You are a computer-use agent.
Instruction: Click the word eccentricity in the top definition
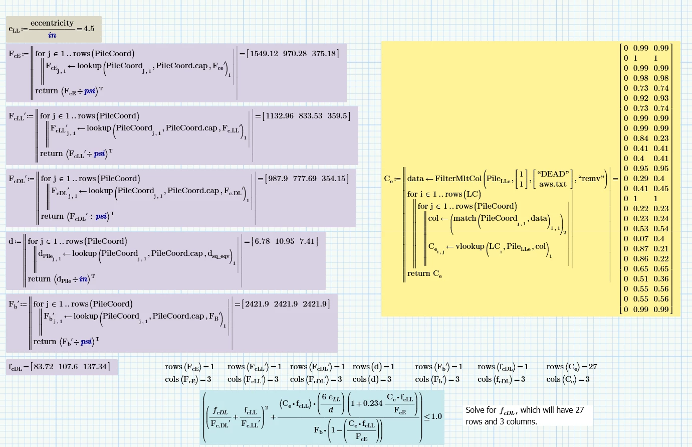coord(52,23)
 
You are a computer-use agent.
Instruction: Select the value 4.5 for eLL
coord(89,29)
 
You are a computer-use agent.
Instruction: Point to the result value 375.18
coord(324,54)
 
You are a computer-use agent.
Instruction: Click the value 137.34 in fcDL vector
coord(95,367)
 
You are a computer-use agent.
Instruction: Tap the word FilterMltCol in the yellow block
coord(458,179)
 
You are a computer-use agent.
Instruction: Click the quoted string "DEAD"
coord(553,174)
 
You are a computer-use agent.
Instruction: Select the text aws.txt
coord(553,184)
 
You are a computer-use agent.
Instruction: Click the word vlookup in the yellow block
coord(470,246)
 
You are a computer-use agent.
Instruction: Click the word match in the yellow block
coord(465,218)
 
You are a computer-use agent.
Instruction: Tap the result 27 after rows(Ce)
coord(593,367)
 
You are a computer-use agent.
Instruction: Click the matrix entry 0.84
coord(640,138)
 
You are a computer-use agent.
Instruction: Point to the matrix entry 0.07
coord(640,239)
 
